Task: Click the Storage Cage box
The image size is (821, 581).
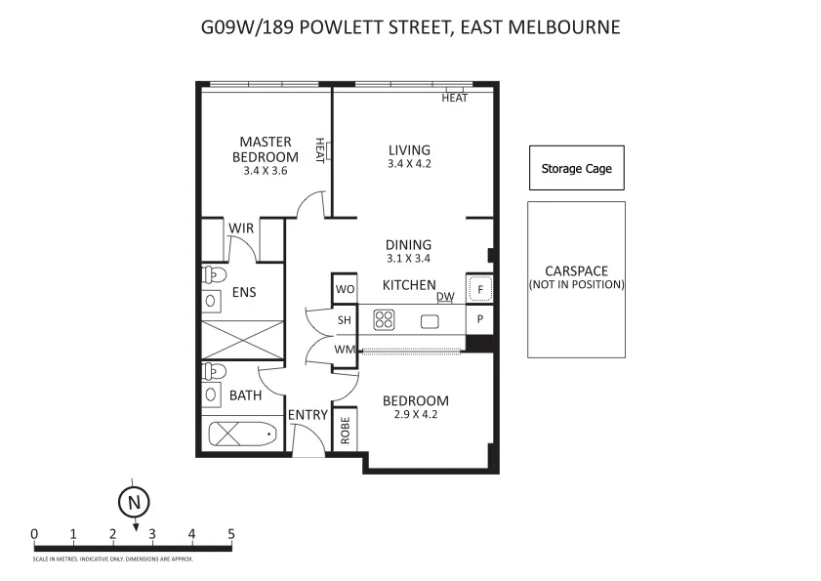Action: (x=576, y=169)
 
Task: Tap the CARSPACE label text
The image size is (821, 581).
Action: (x=576, y=271)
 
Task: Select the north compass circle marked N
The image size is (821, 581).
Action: (x=134, y=502)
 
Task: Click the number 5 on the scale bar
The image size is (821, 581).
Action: (x=231, y=534)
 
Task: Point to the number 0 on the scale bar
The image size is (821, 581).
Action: (x=34, y=534)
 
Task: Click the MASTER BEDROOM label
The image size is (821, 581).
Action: (x=266, y=149)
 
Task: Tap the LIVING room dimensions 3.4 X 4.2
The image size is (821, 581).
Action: (x=409, y=164)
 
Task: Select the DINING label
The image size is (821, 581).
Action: (x=408, y=245)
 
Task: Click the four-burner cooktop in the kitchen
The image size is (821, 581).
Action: (x=383, y=319)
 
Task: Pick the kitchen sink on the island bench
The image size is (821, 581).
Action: (x=430, y=320)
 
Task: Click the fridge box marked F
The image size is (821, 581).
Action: (x=478, y=289)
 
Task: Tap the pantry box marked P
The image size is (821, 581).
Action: (x=479, y=320)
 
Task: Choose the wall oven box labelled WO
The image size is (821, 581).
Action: (x=344, y=289)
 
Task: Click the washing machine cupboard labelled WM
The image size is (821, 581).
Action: (x=344, y=350)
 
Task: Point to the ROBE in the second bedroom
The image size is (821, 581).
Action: (x=345, y=430)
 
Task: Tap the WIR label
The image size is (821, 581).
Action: (x=241, y=228)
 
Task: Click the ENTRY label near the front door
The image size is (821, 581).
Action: (x=308, y=415)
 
